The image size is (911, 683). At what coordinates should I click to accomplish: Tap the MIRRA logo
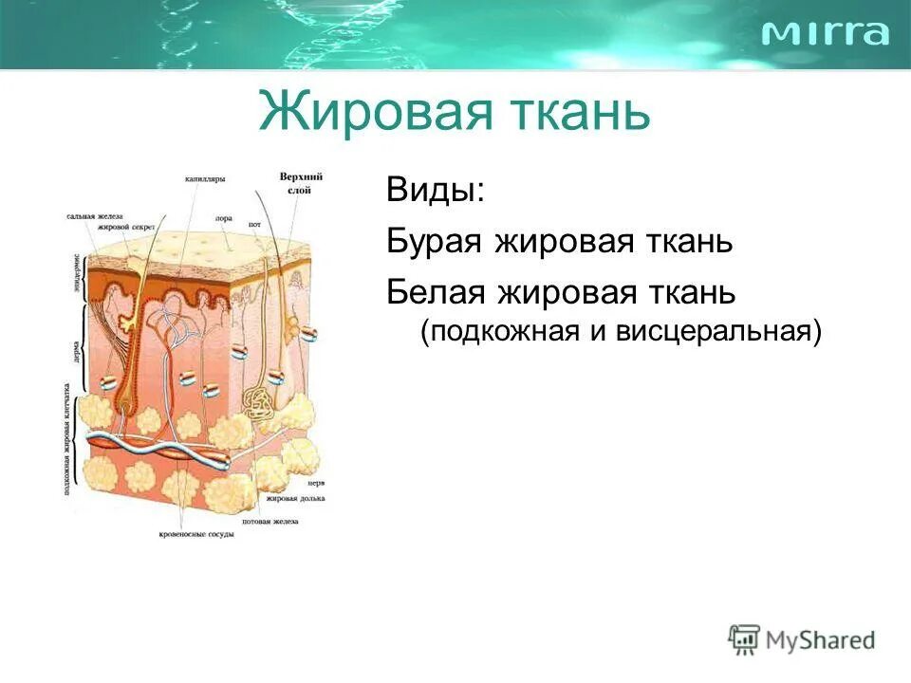(x=826, y=33)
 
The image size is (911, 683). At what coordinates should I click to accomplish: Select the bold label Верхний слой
(x=302, y=183)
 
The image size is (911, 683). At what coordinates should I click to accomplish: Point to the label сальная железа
(x=96, y=216)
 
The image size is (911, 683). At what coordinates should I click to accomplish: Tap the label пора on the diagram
(x=223, y=217)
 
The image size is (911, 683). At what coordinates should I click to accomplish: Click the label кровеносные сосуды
(x=196, y=534)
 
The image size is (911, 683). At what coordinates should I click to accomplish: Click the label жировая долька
(x=296, y=496)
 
